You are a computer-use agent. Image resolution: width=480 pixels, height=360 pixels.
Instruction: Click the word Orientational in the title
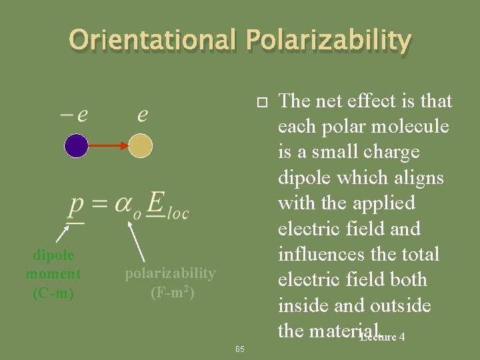[153, 41]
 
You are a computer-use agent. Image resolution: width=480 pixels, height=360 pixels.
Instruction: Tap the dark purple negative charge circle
[77, 145]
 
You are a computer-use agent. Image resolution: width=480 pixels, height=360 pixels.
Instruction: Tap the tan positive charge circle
[140, 145]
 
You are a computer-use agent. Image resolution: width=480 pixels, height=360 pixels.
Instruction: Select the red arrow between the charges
[109, 145]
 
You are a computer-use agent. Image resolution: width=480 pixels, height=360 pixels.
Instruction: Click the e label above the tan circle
[143, 115]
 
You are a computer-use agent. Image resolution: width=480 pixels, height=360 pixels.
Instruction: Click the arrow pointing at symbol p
[62, 233]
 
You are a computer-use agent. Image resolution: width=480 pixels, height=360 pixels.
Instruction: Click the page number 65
[240, 349]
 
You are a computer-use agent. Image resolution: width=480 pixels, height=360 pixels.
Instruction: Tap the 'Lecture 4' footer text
[383, 337]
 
